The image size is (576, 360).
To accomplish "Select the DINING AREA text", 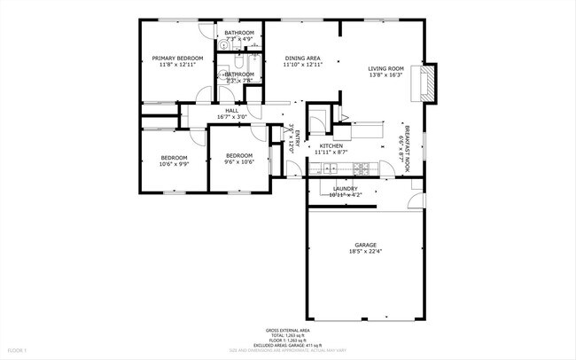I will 302,58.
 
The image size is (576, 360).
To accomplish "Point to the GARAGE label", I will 365,245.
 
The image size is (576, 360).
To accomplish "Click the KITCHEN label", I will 331,145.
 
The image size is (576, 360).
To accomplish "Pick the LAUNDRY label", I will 345,188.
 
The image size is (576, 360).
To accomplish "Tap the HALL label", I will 231,110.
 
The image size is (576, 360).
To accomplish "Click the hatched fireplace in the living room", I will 430,82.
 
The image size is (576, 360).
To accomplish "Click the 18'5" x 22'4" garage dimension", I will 365,252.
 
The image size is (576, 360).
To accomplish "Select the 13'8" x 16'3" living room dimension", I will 385,75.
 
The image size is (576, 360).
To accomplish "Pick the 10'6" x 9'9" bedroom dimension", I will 174,164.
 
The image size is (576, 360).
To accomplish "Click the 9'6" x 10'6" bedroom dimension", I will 238,161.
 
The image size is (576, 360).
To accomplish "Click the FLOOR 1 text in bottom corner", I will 17,350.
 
